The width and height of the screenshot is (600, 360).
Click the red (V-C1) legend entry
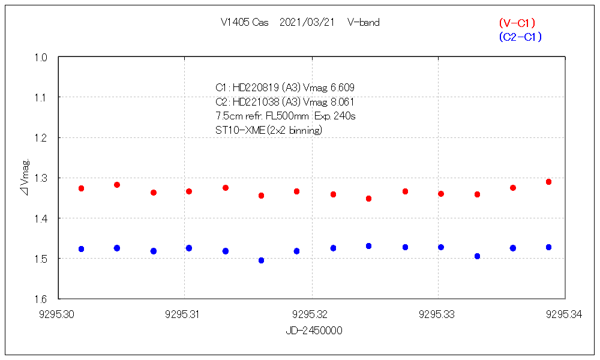click(x=517, y=23)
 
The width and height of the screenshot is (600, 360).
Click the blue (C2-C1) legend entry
click(x=520, y=37)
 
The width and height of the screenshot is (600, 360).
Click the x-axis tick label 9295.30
click(x=58, y=313)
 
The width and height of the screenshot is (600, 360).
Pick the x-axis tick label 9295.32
click(x=312, y=313)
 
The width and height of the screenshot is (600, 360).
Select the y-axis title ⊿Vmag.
click(x=25, y=178)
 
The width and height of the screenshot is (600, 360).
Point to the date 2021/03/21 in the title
click(x=307, y=23)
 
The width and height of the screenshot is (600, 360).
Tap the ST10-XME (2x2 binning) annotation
click(x=269, y=130)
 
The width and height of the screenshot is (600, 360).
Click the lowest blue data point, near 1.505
click(x=261, y=260)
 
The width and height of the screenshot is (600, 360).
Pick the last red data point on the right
click(x=548, y=182)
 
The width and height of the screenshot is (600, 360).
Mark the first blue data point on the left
click(x=81, y=249)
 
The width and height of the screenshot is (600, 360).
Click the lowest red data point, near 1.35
click(x=368, y=199)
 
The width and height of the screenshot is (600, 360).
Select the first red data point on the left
click(x=81, y=188)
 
